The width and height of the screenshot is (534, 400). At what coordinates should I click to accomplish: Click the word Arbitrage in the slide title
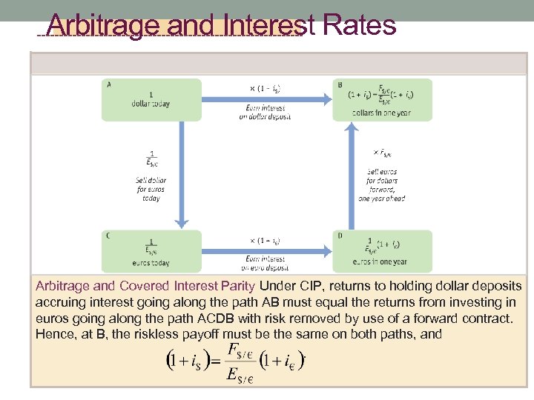tap(103, 25)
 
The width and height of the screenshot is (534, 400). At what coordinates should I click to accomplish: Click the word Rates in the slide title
tap(359, 25)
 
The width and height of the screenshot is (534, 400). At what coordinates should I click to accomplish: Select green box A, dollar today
tap(151, 99)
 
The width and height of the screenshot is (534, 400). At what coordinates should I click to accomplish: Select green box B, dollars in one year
tap(382, 99)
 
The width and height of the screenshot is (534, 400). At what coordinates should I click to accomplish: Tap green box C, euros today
tap(151, 250)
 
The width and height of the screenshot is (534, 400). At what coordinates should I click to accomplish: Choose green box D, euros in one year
tap(382, 250)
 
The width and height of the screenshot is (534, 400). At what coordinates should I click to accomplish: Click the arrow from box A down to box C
tap(180, 175)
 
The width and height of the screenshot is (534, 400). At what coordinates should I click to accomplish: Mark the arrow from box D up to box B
tap(353, 175)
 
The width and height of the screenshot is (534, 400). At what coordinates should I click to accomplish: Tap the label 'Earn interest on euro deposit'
tap(265, 263)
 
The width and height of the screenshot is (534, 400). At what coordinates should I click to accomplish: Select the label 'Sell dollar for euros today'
tap(151, 189)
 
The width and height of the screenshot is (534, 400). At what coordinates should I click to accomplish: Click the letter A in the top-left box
tap(110, 84)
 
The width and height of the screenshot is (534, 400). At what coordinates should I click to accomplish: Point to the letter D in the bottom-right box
tap(339, 236)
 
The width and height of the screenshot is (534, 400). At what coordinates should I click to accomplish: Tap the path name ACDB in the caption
tap(217, 319)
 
